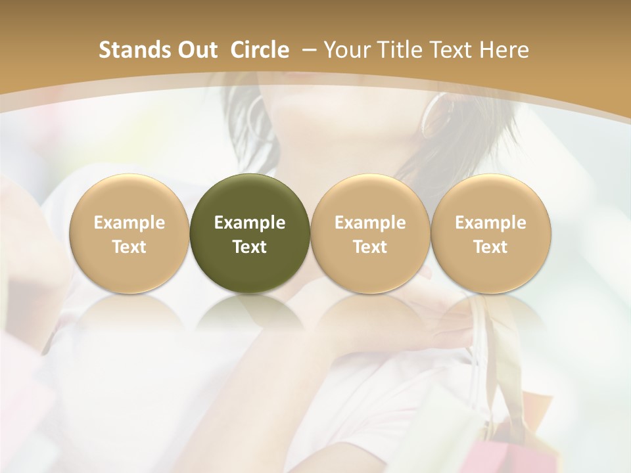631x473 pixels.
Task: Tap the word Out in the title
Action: [199, 50]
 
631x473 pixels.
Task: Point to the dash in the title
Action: [306, 51]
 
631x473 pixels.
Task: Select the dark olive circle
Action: [250, 233]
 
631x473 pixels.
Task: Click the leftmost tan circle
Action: [129, 233]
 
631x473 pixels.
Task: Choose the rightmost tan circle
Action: [491, 233]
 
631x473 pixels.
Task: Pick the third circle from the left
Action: [370, 233]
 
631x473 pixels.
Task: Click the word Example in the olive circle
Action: [250, 223]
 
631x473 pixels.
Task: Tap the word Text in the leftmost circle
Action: [129, 247]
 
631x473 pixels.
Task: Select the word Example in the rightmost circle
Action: [491, 223]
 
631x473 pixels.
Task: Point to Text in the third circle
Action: [370, 247]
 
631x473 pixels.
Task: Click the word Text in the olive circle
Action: [250, 247]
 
